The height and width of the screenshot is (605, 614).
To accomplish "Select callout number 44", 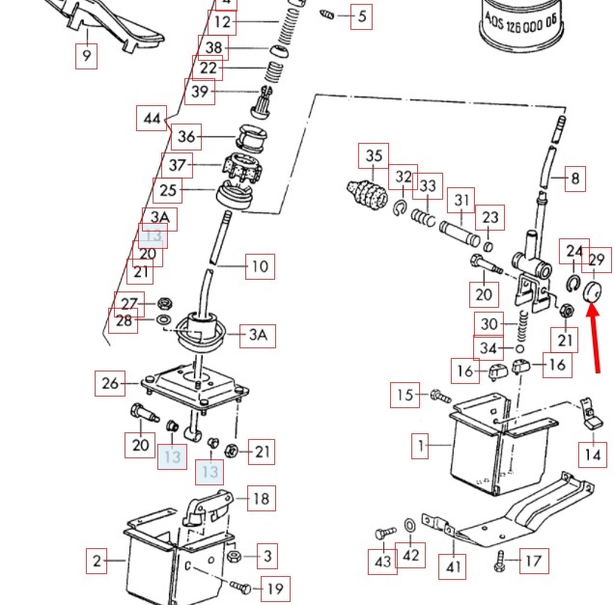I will point(151,119).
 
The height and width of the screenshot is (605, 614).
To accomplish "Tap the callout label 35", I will point(374,155).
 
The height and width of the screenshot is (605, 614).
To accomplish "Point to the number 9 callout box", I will point(87,57).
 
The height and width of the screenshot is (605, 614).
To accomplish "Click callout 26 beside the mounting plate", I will point(110,384).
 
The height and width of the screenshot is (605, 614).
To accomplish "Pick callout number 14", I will point(594,454).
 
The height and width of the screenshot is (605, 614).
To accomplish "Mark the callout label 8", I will point(575,178).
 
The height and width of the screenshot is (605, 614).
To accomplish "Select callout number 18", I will point(261,499).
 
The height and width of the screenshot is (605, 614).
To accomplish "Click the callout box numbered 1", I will point(421,447).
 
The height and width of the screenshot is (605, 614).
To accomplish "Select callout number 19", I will point(275,589).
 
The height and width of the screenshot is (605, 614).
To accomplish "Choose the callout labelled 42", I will point(411,555).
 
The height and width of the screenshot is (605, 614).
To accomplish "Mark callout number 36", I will point(186,137).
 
